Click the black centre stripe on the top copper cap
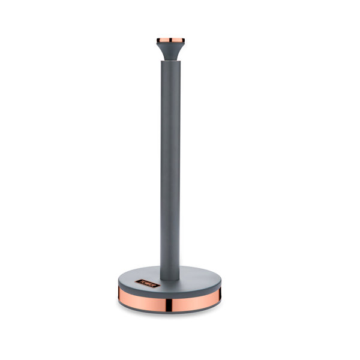click(170, 41)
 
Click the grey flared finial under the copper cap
click(170, 50)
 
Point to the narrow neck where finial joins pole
click(170, 59)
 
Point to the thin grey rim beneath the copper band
click(170, 308)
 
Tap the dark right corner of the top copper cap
click(183, 41)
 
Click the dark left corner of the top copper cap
click(158, 41)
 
